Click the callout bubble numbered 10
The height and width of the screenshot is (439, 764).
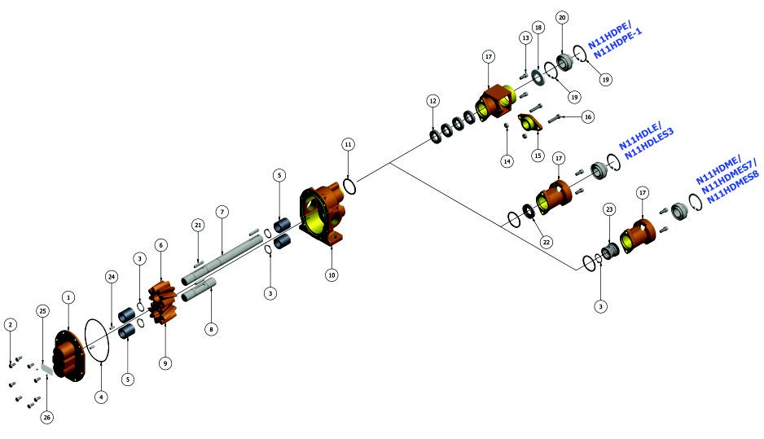[x=332, y=274]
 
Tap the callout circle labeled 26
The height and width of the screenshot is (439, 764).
[x=46, y=417]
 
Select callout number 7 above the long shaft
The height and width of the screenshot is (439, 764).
[x=222, y=212]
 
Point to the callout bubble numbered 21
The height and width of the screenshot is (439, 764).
[x=198, y=225]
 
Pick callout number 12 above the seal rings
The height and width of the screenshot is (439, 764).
[x=432, y=101]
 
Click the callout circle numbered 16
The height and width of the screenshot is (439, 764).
[x=588, y=117]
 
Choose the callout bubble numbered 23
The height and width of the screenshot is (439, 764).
[x=609, y=209]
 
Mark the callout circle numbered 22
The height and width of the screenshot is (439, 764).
[x=547, y=242]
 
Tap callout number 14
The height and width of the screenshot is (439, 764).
[x=507, y=161]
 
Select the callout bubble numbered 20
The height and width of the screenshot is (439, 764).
[x=562, y=18]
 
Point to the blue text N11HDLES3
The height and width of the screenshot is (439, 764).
[x=649, y=143]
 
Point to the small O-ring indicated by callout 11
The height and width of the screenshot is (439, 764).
[x=349, y=186]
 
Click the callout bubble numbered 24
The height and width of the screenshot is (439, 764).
[x=112, y=277]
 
